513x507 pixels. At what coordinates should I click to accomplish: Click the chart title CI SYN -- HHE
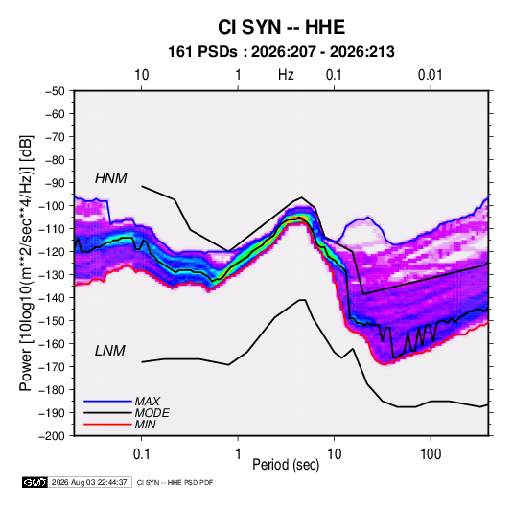(281, 27)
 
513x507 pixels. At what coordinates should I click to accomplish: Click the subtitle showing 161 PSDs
(281, 52)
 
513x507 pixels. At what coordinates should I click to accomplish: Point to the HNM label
(111, 178)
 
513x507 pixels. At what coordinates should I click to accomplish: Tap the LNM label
(110, 351)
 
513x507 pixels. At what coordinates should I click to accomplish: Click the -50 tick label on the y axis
(55, 91)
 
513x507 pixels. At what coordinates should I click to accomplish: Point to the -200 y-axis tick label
(52, 436)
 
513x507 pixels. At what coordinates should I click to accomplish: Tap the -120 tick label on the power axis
(52, 252)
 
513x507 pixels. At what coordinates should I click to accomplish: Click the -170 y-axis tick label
(52, 367)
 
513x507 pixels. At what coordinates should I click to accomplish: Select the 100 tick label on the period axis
(431, 454)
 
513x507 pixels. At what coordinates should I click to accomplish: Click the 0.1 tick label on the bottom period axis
(141, 454)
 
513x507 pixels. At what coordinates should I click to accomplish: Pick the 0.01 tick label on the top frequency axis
(431, 75)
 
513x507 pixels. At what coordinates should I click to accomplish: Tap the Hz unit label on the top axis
(286, 75)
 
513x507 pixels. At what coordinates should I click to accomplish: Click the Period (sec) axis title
(286, 465)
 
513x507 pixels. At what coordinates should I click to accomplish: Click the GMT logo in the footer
(35, 482)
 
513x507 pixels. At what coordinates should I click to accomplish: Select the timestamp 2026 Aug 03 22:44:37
(89, 482)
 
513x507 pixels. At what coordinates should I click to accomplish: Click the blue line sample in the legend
(107, 402)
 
